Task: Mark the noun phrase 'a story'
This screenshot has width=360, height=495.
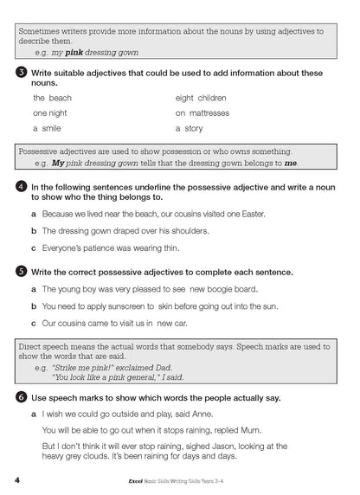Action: tap(189, 128)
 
